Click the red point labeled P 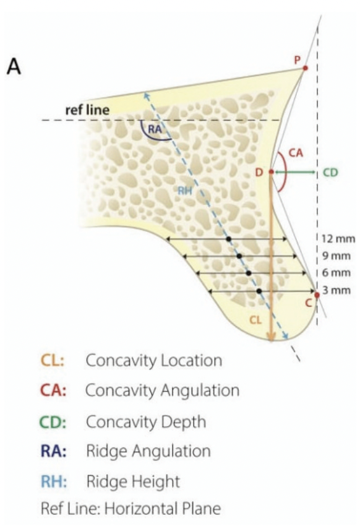pos(305,68)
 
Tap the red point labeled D pos(272,172)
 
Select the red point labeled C pos(317,295)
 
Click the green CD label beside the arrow pos(330,173)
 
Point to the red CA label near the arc pos(296,153)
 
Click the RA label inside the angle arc pos(155,129)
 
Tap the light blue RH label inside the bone pos(185,191)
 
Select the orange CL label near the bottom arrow pos(255,321)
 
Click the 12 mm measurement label pos(338,239)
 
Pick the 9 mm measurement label pos(336,256)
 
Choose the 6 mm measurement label pos(336,273)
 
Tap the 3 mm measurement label pos(336,290)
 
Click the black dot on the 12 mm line pos(229,239)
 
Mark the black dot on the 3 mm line pos(259,291)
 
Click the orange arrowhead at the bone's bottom pos(271,336)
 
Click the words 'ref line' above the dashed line pos(87,110)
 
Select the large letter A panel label pos(14,66)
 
